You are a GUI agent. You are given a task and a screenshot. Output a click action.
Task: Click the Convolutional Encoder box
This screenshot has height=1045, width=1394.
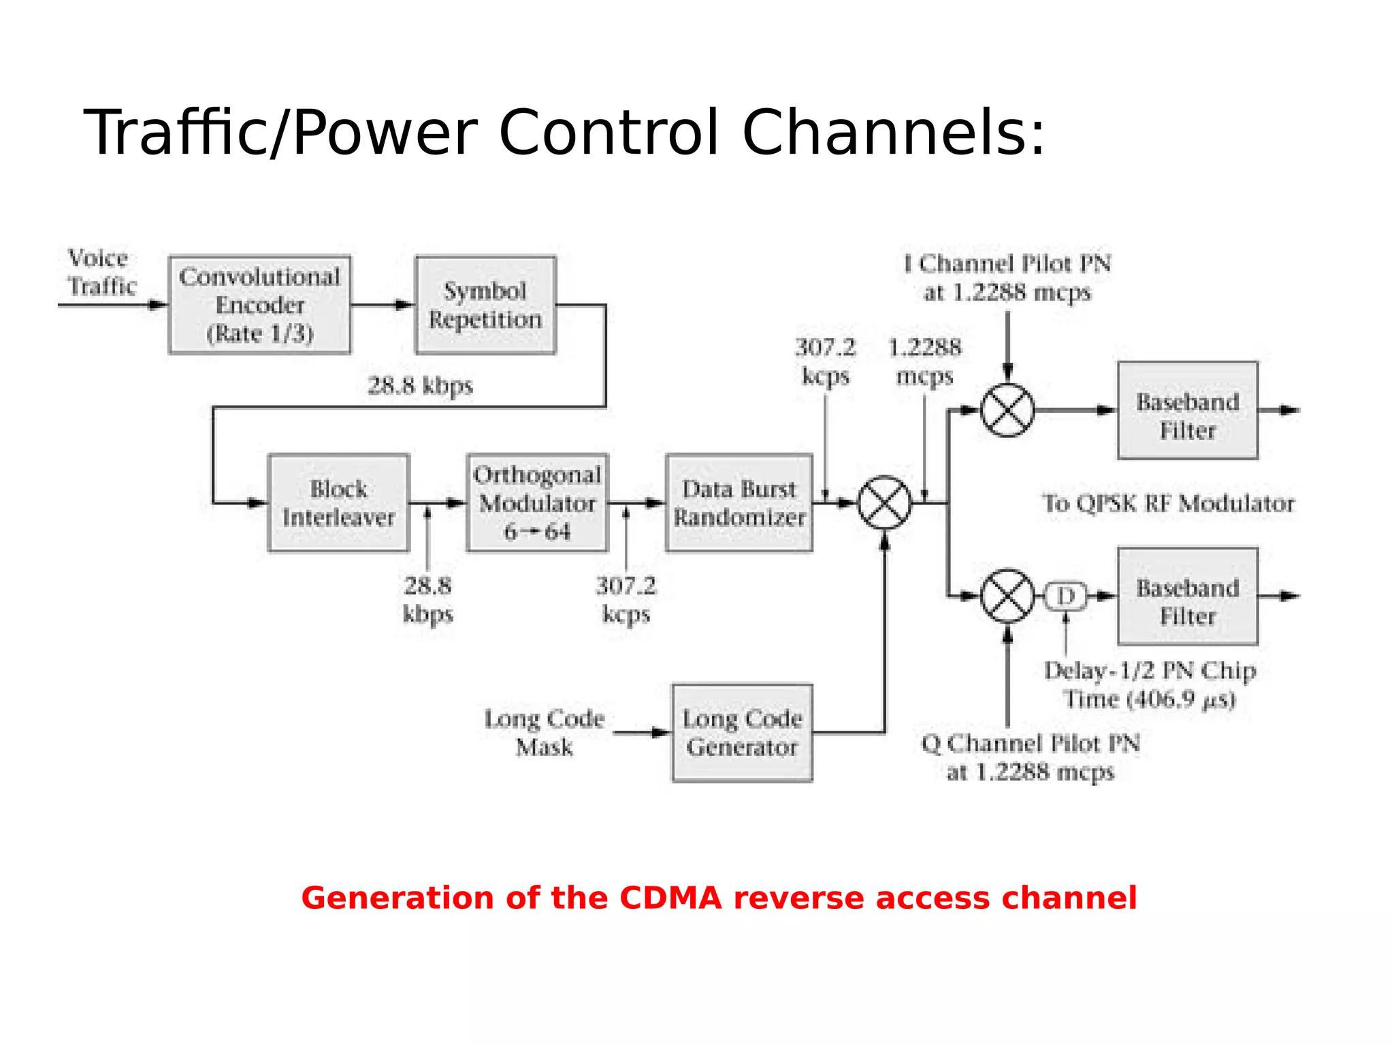(259, 305)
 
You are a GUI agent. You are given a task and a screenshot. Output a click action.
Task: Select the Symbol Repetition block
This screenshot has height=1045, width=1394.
(485, 305)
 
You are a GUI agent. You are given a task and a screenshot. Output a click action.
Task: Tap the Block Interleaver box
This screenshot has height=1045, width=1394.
(338, 503)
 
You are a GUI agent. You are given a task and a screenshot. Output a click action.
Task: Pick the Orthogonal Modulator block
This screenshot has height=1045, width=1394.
(537, 503)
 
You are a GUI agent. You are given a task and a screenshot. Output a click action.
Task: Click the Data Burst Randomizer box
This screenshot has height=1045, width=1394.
(739, 503)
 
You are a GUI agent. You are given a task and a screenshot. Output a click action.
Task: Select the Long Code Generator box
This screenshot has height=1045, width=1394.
(742, 733)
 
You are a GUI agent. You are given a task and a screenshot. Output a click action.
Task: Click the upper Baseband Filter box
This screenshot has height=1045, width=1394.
(1187, 410)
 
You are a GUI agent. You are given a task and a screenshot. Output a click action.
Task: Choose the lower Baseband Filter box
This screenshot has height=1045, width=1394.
(1187, 596)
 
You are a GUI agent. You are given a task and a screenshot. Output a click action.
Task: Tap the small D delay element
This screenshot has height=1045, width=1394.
(1066, 596)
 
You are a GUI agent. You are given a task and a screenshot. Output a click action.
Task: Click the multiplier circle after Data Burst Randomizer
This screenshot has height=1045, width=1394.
(884, 503)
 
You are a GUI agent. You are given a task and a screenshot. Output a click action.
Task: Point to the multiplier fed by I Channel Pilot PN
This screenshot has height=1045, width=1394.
(1007, 410)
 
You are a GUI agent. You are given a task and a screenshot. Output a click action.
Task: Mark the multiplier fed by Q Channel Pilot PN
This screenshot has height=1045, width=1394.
(1007, 596)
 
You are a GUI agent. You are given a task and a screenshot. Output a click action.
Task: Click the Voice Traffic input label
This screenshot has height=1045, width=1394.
(101, 272)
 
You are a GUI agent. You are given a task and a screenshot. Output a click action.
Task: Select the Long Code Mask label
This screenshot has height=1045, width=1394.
(544, 733)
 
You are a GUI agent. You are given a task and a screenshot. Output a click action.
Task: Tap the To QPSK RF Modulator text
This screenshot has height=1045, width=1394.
(1168, 503)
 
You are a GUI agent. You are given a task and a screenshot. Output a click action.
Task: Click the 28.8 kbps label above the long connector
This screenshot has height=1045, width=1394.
(420, 386)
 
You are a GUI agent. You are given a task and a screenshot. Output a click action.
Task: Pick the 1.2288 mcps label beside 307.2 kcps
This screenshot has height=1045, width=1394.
(924, 361)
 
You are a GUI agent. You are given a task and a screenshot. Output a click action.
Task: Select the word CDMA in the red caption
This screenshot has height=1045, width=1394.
(670, 898)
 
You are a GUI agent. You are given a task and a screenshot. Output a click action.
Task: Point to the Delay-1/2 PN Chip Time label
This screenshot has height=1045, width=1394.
(1150, 684)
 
